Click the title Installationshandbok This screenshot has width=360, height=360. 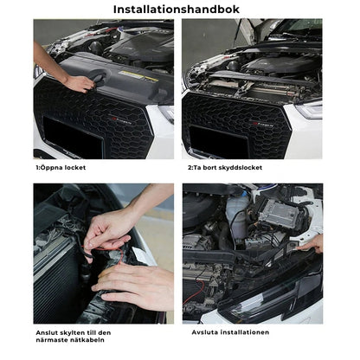(177, 10)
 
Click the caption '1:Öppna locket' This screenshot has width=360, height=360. (61, 168)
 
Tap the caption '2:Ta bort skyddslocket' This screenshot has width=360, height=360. (225, 168)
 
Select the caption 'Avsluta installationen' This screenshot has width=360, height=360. (230, 332)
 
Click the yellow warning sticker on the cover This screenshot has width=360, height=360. (138, 75)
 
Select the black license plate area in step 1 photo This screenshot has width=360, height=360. (73, 137)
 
